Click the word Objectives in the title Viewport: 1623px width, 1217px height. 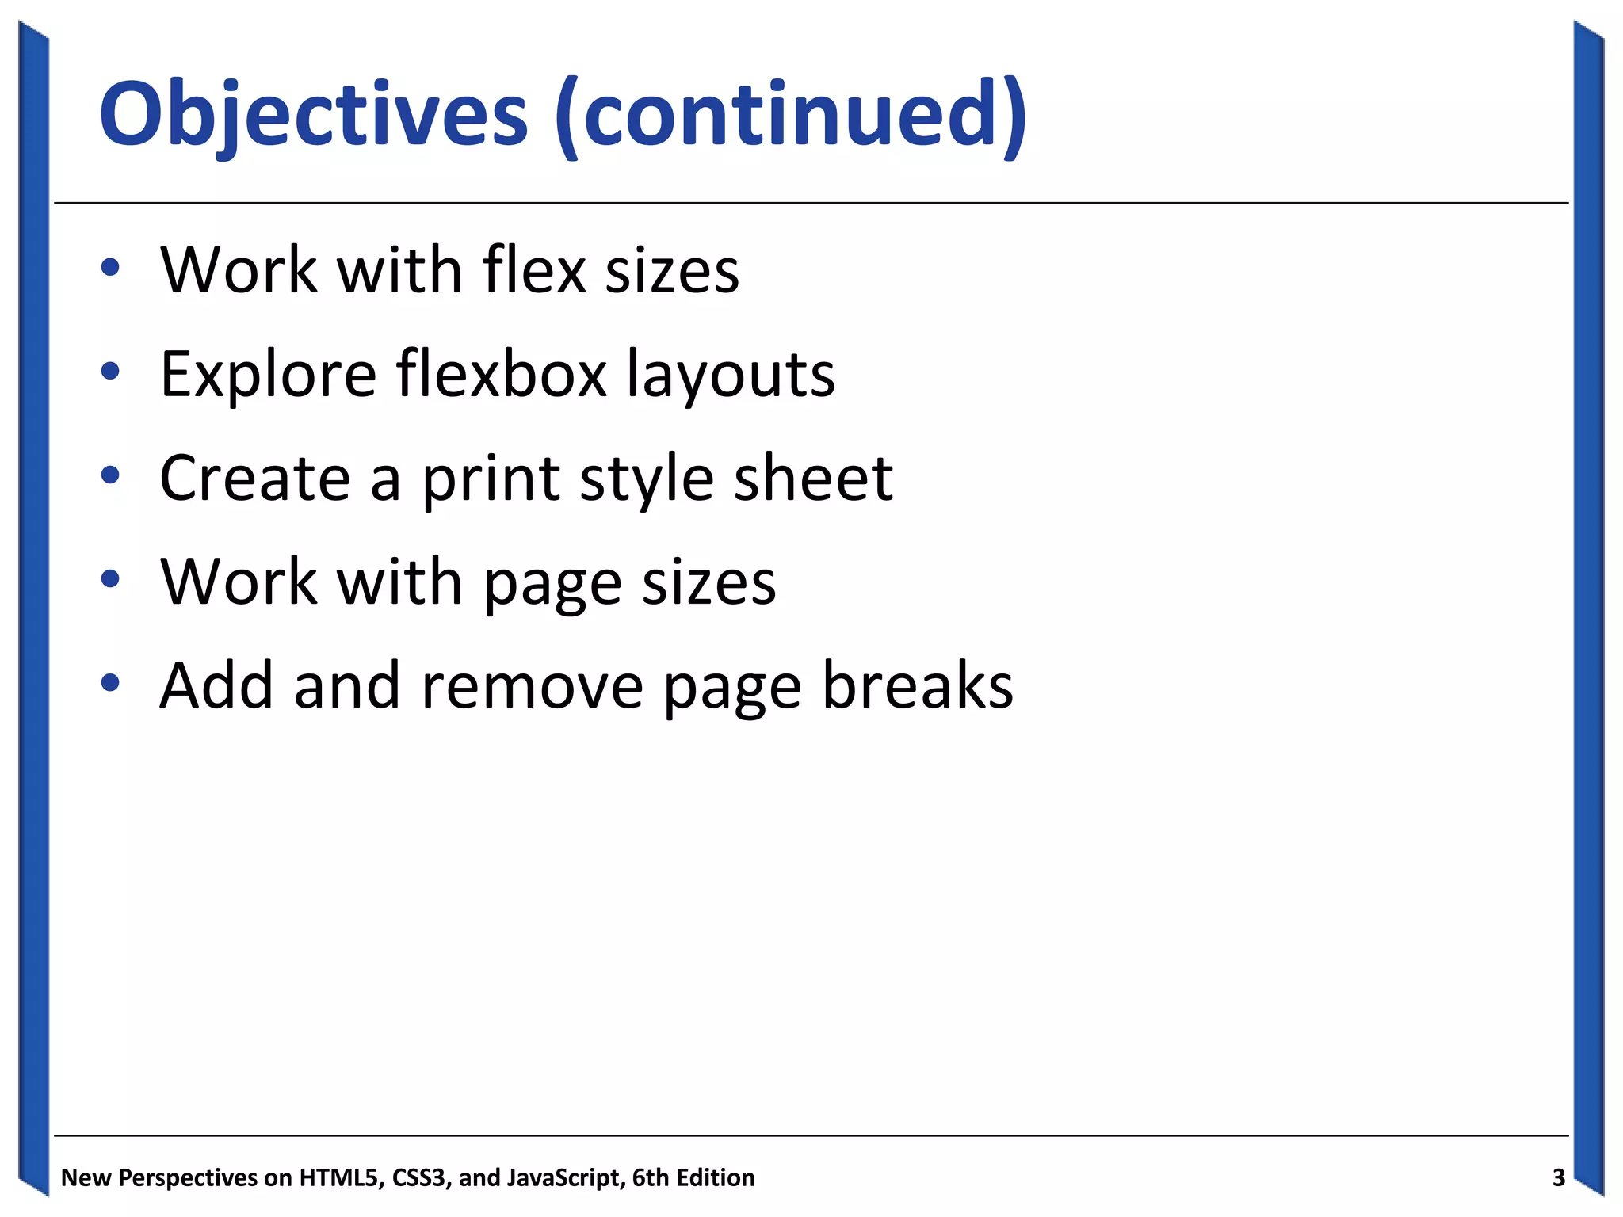point(313,115)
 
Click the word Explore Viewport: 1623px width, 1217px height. point(268,374)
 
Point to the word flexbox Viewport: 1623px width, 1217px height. point(502,374)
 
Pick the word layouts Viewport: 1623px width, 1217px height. point(731,374)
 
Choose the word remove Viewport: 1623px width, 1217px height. point(533,686)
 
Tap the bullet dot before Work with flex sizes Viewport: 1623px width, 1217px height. point(110,268)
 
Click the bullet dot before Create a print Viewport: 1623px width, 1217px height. point(110,475)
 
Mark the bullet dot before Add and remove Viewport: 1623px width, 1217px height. point(110,682)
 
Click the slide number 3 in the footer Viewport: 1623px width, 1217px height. point(1558,1177)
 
